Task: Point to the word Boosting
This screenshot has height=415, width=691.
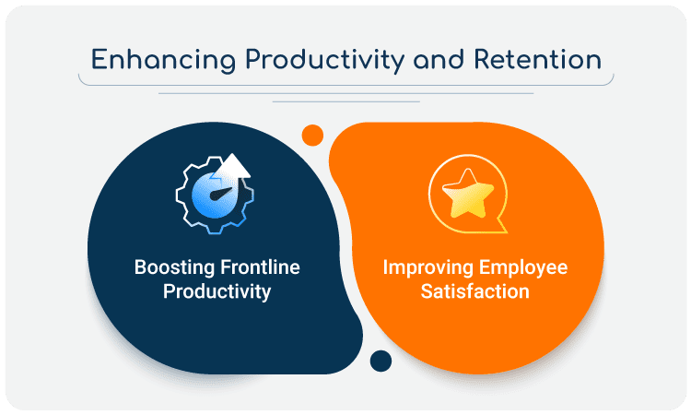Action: [172, 268]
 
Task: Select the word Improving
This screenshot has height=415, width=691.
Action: [425, 268]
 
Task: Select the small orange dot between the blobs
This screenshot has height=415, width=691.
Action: [313, 136]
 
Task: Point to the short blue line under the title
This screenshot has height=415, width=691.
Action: [345, 101]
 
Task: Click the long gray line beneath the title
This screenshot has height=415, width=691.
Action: [345, 93]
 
